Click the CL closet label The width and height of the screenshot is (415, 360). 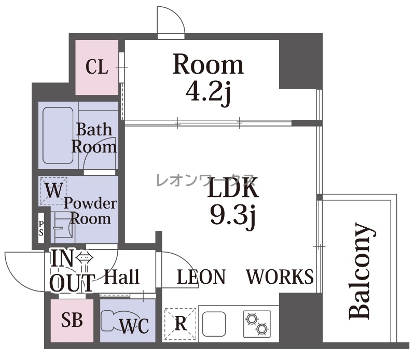point(97,67)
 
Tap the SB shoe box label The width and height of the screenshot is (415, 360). point(72,320)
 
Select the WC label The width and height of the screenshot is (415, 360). point(134,326)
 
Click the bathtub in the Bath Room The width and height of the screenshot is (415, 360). point(58,135)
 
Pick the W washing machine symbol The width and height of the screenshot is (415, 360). point(53,191)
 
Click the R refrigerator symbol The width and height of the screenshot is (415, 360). point(180,324)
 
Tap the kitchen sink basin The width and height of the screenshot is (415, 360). point(214,324)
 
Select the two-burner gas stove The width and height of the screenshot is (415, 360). point(257,324)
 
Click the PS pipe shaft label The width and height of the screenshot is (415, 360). point(41,228)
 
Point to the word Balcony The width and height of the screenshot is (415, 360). point(362,271)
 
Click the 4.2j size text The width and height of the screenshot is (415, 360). point(209,93)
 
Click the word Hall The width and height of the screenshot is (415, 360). point(121,276)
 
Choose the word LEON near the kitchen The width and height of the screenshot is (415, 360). point(201,276)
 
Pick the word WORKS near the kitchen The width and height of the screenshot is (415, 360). point(280,276)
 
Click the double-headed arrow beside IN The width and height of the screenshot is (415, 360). point(85,257)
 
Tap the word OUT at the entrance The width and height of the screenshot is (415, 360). point(72,283)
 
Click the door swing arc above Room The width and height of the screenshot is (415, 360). point(177,13)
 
